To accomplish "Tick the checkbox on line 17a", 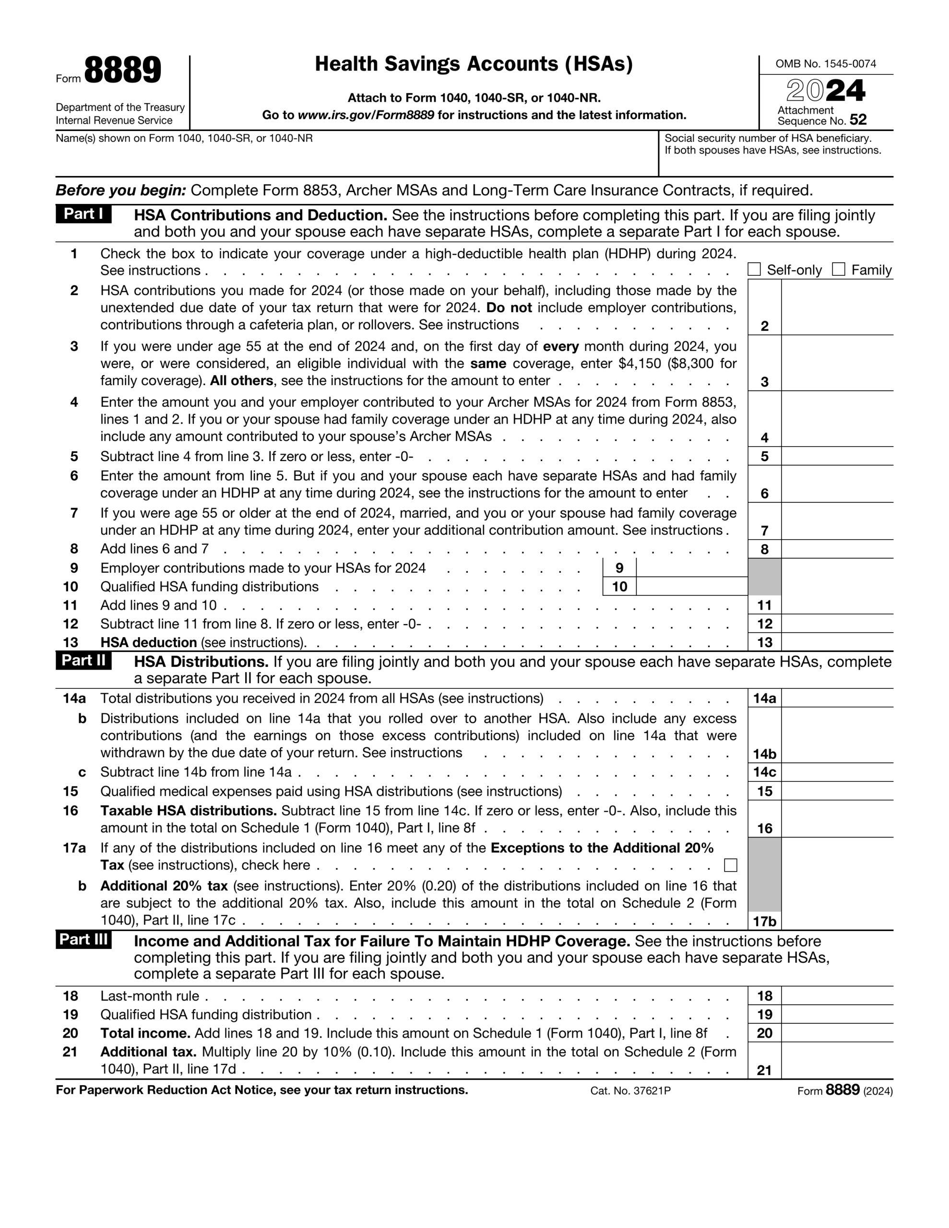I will [730, 865].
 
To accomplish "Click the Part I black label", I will [83, 214].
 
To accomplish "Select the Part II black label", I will [83, 660].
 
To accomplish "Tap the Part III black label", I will [83, 940].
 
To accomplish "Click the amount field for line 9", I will [691, 568].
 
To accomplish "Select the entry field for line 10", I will [691, 587].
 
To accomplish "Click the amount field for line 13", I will [837, 642].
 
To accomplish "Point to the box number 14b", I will [764, 754].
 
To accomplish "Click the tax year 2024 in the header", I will [825, 91].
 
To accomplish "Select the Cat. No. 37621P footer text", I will [630, 1091].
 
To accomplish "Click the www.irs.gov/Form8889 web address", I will [366, 115].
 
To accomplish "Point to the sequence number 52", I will [858, 120].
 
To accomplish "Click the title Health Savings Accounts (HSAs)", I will [474, 64].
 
